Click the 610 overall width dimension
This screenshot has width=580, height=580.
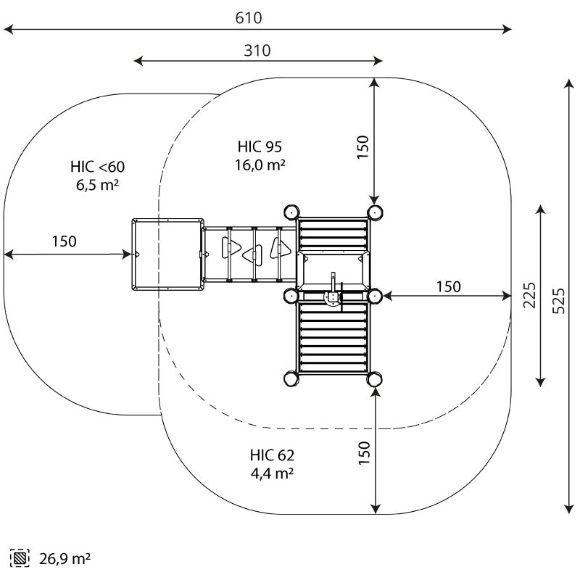[x=249, y=17]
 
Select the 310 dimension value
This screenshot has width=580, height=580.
[x=257, y=50]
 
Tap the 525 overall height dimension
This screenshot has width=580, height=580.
[x=558, y=301]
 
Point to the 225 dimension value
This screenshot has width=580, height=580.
[x=529, y=295]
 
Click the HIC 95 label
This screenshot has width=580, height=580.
[x=260, y=147]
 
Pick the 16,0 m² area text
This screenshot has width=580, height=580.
[x=260, y=165]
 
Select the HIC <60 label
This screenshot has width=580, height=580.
[x=98, y=167]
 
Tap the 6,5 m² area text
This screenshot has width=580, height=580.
[x=98, y=185]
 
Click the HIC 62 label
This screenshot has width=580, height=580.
[x=272, y=455]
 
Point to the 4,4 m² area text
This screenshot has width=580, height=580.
[x=273, y=473]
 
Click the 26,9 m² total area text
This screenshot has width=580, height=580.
[x=65, y=558]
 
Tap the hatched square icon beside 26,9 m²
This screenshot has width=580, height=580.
[x=20, y=558]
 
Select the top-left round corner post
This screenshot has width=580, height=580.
[x=291, y=212]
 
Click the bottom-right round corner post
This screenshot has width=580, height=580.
[x=374, y=378]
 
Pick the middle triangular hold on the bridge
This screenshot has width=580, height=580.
[x=253, y=255]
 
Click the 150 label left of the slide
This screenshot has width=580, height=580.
[x=65, y=241]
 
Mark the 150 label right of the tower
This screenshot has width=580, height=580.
[x=449, y=286]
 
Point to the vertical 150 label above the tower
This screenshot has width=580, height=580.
[x=363, y=147]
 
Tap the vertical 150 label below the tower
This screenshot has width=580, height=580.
[x=364, y=452]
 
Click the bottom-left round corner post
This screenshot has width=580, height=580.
[x=291, y=378]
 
